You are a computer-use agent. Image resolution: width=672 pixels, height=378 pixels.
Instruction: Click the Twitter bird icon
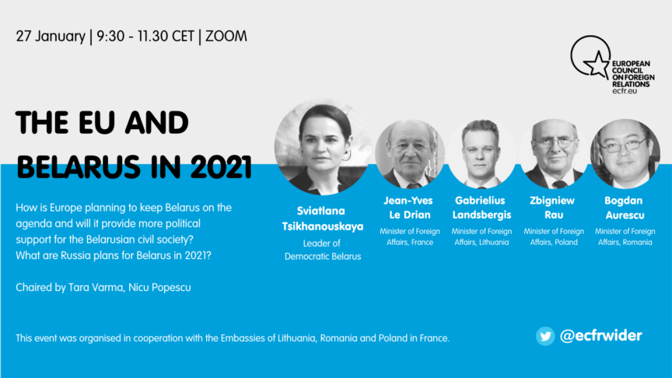(x=545, y=335)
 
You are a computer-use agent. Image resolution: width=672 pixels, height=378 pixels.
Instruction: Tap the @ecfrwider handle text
(x=601, y=335)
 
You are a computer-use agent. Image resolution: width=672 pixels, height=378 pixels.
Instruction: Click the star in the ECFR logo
(x=597, y=65)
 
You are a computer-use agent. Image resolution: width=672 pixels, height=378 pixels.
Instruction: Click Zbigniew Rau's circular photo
(x=554, y=154)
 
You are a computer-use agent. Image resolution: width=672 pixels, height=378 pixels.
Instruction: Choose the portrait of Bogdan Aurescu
(x=625, y=154)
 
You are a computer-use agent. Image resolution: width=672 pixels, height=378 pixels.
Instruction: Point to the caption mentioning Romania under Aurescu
(x=625, y=242)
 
